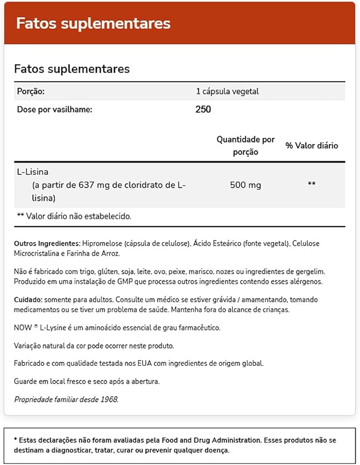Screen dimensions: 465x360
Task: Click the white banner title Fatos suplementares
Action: point(93,23)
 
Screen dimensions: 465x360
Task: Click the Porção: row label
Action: point(31,91)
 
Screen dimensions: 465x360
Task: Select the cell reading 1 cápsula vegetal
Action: point(227,91)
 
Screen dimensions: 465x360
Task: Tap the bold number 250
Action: point(203,110)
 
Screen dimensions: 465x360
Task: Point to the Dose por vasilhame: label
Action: point(55,110)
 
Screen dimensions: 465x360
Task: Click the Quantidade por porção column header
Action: point(245,145)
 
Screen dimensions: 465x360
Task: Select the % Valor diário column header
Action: point(312,145)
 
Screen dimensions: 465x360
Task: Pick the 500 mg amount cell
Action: point(245,185)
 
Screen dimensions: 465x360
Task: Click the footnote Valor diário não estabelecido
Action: point(74,216)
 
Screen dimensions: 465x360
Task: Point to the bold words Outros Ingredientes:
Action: point(47,243)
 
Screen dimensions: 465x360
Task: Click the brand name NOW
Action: point(23,328)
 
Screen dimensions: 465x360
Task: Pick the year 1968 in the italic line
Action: point(108,399)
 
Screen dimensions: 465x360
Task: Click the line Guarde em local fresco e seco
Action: point(87,381)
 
